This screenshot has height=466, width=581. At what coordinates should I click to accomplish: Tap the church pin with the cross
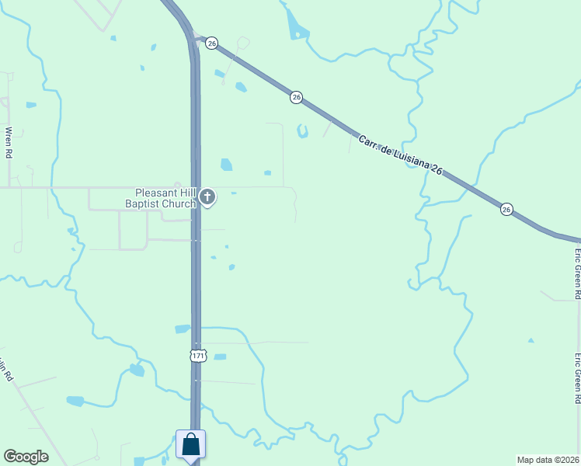(207, 197)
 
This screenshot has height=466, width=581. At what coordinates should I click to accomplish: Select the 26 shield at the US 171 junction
(211, 44)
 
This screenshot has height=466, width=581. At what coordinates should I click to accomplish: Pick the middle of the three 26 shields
(296, 98)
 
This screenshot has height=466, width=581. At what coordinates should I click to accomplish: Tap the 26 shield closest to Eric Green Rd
(506, 209)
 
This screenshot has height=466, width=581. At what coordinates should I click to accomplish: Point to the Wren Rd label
(9, 143)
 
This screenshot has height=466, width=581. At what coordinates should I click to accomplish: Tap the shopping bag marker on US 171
(191, 447)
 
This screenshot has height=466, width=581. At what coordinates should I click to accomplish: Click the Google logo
(26, 457)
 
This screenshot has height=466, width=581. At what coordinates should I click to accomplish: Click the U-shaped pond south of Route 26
(302, 131)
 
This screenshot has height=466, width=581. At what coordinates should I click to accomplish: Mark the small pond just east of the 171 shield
(220, 356)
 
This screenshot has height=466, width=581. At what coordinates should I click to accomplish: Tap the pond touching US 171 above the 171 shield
(183, 329)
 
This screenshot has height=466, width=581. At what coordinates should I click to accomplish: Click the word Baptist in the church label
(144, 203)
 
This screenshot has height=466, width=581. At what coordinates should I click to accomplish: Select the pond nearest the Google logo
(75, 401)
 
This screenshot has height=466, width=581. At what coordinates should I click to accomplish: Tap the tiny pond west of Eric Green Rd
(531, 340)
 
